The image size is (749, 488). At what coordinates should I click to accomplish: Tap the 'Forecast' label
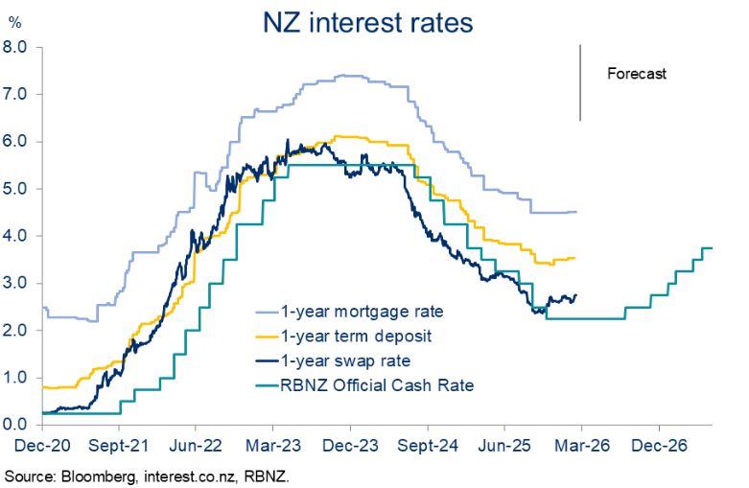[x=636, y=73]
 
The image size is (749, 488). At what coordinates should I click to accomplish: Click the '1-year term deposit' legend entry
[x=342, y=337]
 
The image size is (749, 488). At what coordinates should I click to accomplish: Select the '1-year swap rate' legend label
[x=333, y=360]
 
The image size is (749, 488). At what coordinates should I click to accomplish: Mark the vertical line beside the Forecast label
[x=580, y=82]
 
